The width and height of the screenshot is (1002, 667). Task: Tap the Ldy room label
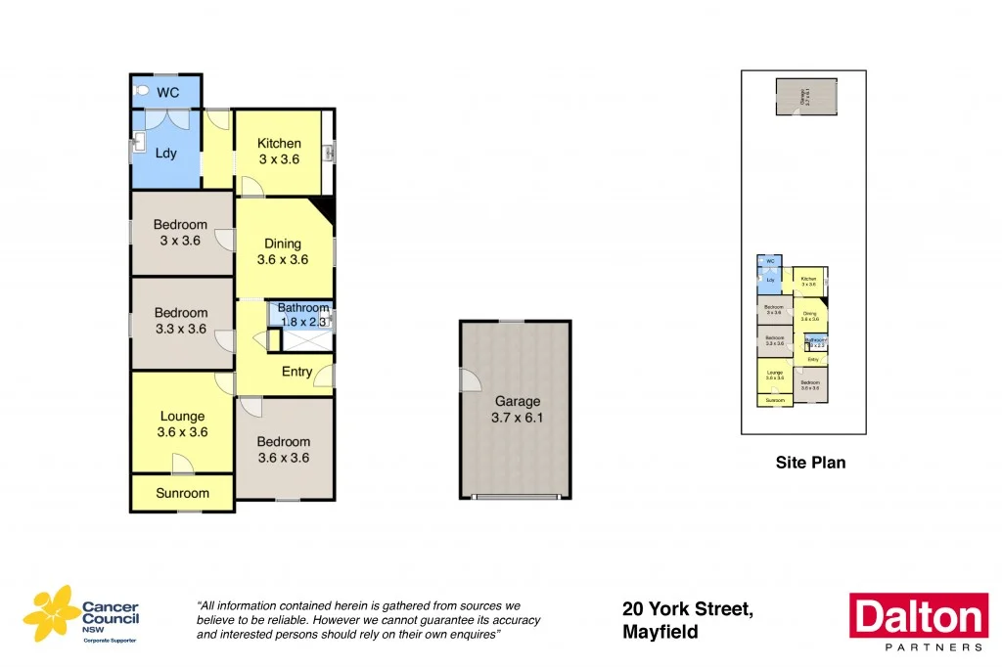[166, 153]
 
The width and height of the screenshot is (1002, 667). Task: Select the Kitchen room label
[279, 144]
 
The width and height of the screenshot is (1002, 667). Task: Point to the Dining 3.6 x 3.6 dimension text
[283, 260]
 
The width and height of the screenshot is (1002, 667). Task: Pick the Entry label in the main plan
[296, 372]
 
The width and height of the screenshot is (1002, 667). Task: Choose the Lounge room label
[183, 416]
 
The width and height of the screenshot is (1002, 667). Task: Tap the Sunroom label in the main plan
[182, 493]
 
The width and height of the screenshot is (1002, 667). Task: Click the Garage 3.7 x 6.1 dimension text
[518, 418]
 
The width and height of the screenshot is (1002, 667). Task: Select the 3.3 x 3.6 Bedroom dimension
[181, 330]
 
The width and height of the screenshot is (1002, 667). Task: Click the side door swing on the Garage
[470, 379]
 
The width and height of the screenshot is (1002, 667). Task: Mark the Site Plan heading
[810, 463]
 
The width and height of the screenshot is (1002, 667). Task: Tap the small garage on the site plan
[806, 96]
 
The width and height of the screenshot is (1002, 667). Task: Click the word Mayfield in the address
[660, 633]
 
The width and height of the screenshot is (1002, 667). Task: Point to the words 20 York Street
[687, 609]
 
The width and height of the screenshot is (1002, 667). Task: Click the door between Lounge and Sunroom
[182, 464]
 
